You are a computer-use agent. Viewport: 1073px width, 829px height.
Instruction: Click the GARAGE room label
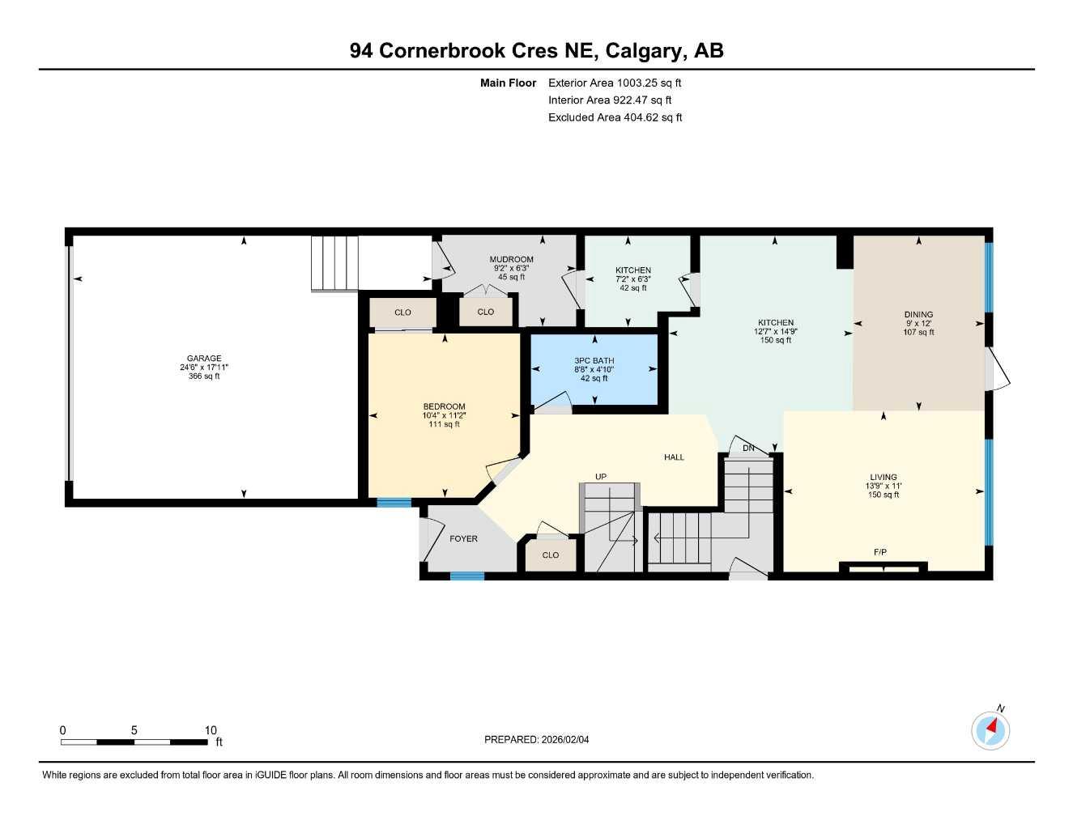204,359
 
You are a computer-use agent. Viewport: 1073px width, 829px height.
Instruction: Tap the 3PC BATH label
594,361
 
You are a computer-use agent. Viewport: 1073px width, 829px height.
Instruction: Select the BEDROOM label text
444,406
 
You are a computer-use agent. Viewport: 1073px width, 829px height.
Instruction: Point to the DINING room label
918,315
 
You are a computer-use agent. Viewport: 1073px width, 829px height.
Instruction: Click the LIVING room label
883,477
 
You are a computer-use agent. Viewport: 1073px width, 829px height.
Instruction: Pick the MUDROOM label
511,259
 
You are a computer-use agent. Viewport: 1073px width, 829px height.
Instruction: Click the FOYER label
463,538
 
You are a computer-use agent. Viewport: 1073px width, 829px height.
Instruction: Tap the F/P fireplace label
880,552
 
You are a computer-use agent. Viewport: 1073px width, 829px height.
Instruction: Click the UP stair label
601,477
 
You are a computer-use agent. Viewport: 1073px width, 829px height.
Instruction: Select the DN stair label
748,449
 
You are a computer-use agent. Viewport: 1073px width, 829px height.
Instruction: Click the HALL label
674,457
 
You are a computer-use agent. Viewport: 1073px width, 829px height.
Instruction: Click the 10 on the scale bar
211,730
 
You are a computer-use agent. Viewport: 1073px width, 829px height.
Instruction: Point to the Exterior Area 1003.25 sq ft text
615,83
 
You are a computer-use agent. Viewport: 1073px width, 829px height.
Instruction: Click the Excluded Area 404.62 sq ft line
615,117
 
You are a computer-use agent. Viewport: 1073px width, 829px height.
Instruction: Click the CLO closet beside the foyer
551,555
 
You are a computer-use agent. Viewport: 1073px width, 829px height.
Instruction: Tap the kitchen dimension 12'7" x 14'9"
776,331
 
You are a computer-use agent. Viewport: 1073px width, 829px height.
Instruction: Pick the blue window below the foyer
467,576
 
